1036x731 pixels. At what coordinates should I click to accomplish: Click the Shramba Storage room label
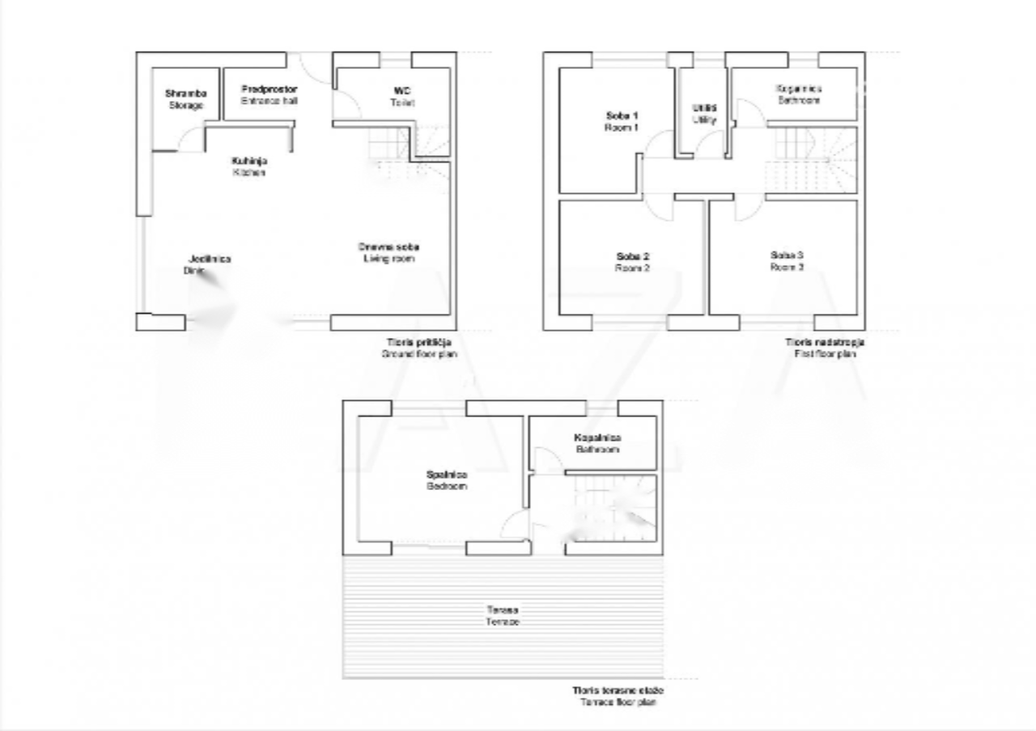pos(185,99)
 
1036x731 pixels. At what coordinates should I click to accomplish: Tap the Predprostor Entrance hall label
pos(269,95)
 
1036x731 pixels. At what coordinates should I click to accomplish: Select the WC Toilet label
pos(402,97)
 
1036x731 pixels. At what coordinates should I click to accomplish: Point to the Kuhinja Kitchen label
pos(249,167)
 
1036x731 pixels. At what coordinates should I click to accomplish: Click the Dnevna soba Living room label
pos(388,252)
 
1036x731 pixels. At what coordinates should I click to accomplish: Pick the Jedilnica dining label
pos(209,264)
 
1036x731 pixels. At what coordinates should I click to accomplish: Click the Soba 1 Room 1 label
pos(622,121)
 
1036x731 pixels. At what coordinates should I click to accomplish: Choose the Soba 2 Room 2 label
pos(632,262)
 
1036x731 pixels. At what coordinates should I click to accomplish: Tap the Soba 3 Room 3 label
pos(786,260)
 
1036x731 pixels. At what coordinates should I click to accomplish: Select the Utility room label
pos(704,113)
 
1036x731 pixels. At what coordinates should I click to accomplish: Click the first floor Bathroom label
pos(799,95)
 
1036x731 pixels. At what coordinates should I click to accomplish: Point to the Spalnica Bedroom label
pos(447,480)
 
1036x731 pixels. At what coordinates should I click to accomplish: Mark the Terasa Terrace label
pos(503,616)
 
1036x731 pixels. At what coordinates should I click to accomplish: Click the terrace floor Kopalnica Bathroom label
pos(597,443)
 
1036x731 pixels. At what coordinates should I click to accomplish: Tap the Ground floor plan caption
pos(418,349)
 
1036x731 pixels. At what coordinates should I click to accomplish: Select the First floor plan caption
pos(823,348)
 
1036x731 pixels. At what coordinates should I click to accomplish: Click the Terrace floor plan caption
pos(618,696)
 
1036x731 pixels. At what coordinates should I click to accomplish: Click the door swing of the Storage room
pos(191,141)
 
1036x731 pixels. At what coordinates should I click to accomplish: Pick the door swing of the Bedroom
pos(515,526)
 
